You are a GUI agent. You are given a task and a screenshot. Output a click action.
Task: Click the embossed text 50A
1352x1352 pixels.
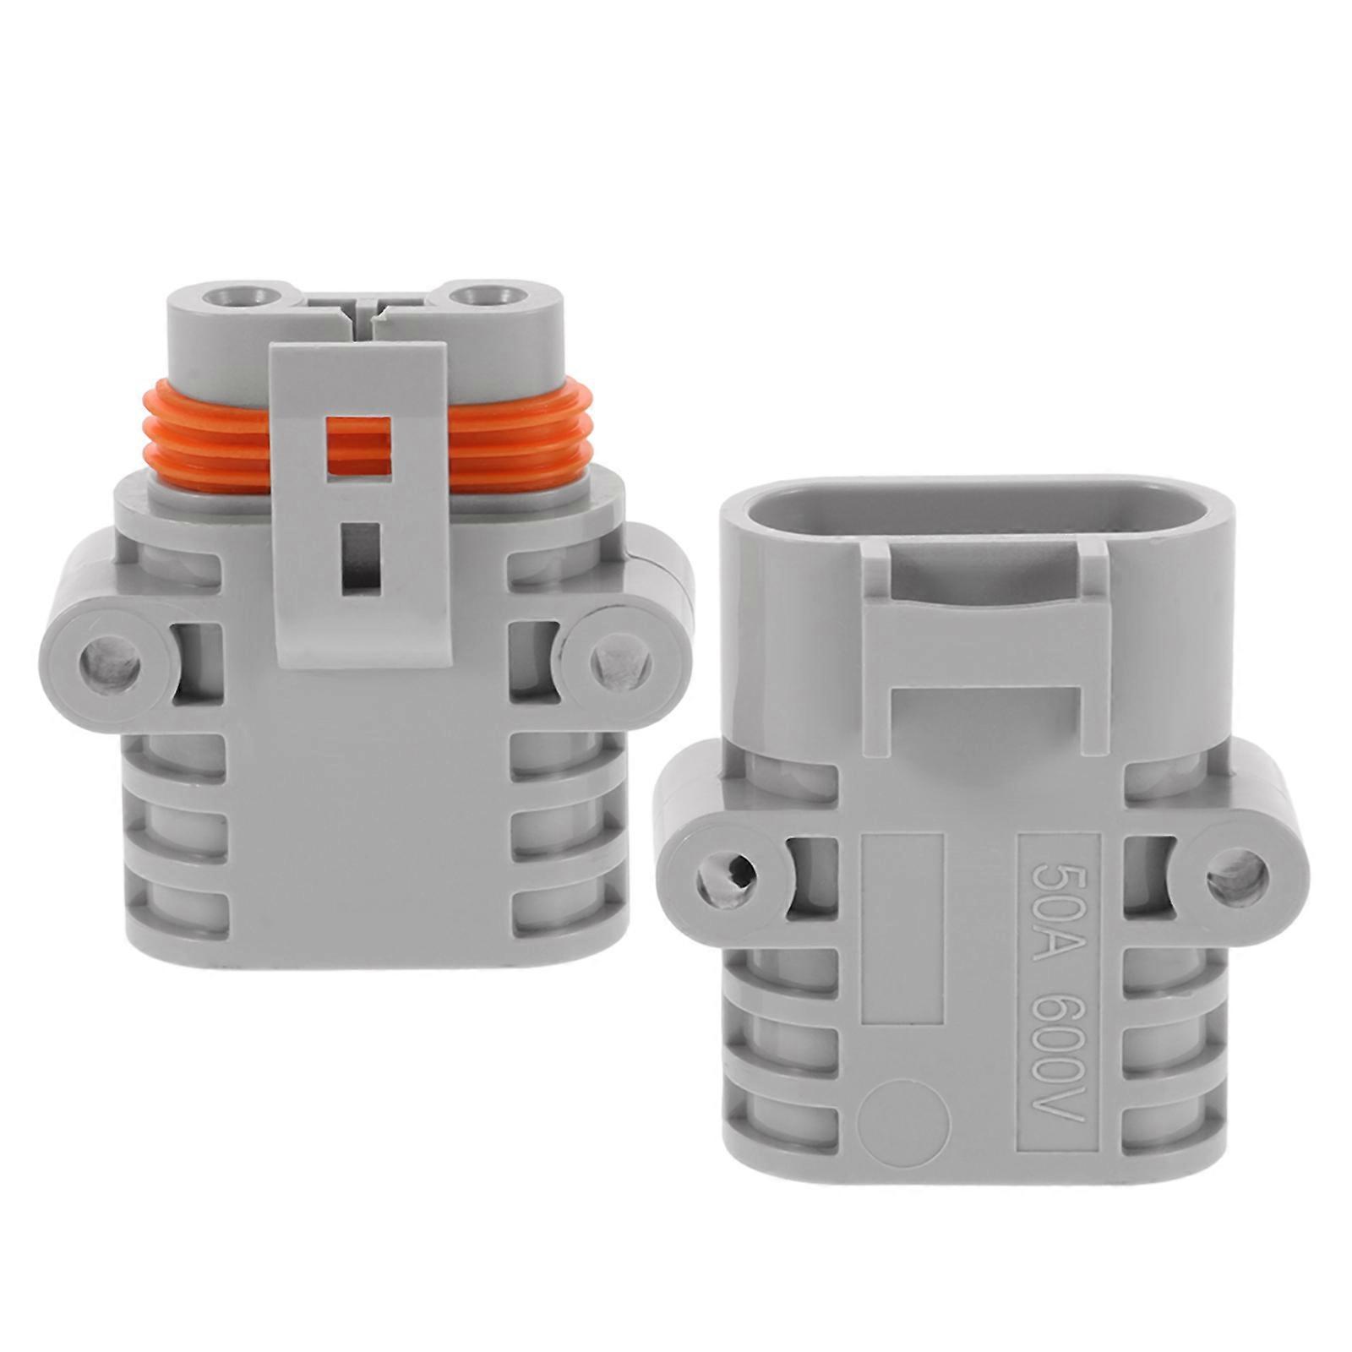coord(1060,902)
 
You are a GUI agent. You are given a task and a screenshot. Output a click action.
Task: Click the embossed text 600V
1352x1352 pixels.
coord(1060,1055)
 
